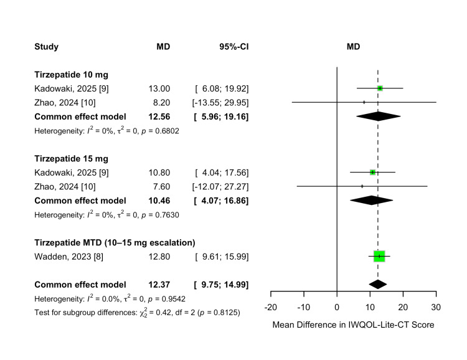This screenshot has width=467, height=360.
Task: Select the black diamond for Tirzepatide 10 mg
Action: point(378,116)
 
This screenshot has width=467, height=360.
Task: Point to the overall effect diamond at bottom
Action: point(377,284)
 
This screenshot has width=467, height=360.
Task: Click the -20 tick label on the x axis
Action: point(270,307)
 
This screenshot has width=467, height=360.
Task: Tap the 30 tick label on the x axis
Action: point(436,307)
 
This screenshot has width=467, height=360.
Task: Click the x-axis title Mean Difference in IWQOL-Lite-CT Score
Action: point(353,324)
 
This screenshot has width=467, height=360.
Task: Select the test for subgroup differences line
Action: point(137,311)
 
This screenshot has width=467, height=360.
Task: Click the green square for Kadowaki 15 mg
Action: point(372,172)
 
